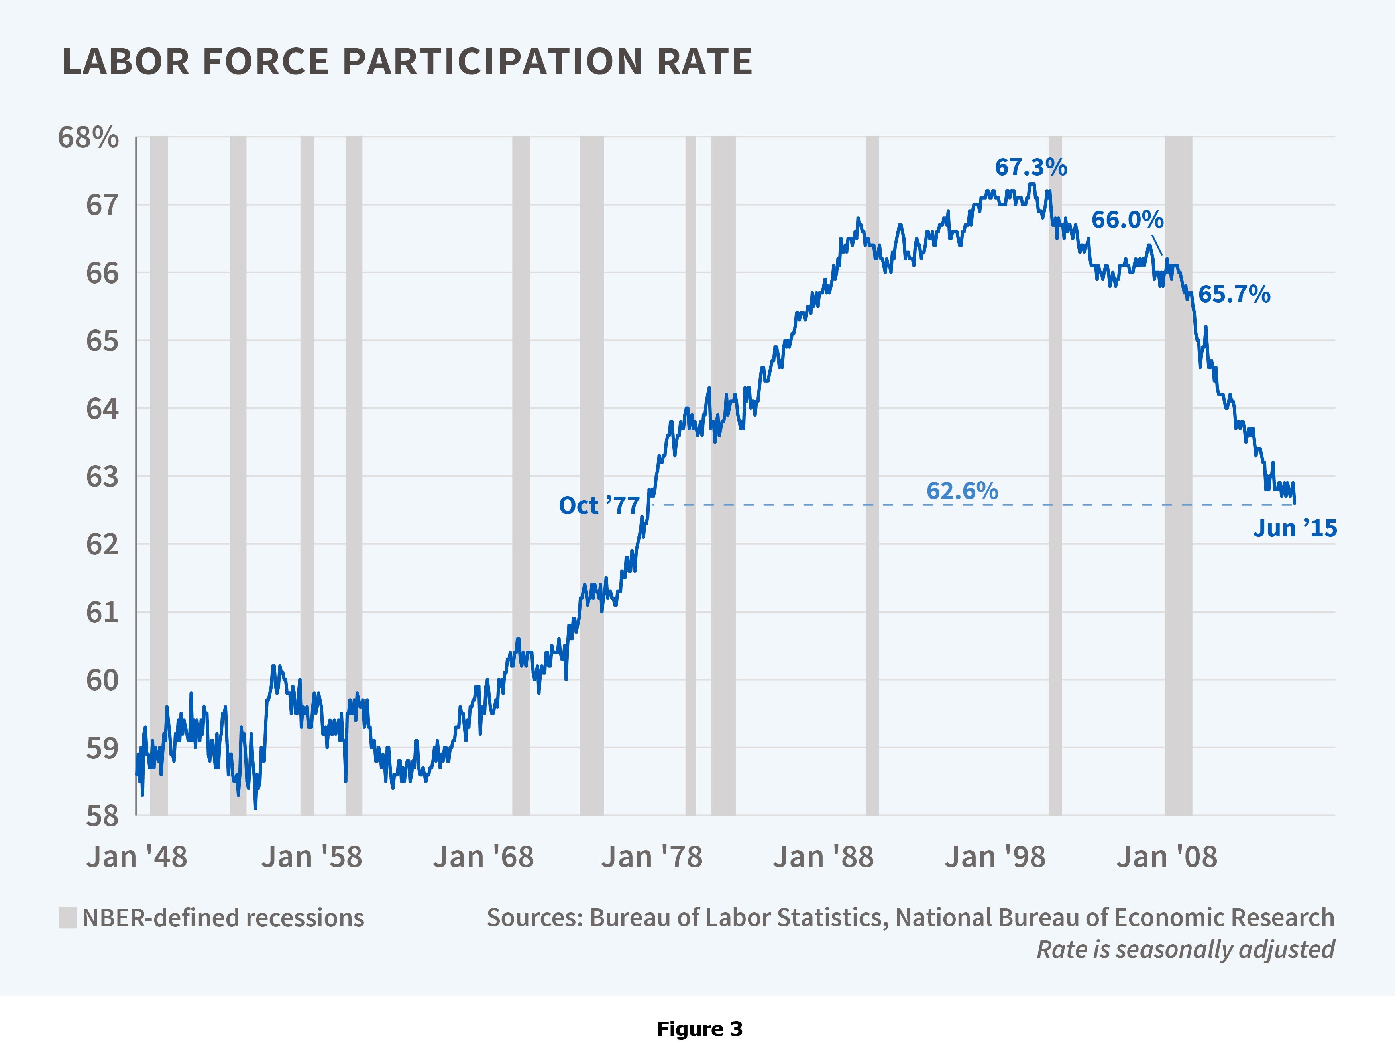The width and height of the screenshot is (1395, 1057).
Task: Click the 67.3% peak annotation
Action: pyautogui.click(x=1030, y=168)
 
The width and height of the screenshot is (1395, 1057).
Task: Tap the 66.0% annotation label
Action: pyautogui.click(x=1127, y=220)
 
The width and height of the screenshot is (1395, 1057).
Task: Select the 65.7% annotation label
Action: pyautogui.click(x=1234, y=294)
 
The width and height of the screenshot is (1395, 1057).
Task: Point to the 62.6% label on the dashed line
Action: pyautogui.click(x=962, y=491)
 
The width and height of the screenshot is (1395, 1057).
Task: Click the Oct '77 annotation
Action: pyautogui.click(x=599, y=505)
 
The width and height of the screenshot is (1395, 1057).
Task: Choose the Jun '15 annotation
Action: pyautogui.click(x=1294, y=528)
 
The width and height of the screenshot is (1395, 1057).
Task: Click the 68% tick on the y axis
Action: pyautogui.click(x=88, y=137)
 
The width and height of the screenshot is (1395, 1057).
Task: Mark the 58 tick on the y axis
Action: pyautogui.click(x=102, y=816)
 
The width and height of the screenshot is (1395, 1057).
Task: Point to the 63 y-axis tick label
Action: pyautogui.click(x=102, y=477)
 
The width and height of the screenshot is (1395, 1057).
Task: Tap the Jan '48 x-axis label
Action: pyautogui.click(x=137, y=857)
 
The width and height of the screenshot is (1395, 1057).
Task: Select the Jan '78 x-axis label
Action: pyautogui.click(x=651, y=857)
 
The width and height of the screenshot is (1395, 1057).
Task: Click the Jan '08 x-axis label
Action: pyautogui.click(x=1167, y=857)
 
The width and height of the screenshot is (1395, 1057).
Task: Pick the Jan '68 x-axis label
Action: pyautogui.click(x=483, y=857)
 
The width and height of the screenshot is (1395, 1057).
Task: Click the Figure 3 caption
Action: pyautogui.click(x=699, y=1029)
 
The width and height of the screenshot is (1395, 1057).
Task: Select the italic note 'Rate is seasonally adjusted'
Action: pyautogui.click(x=1185, y=949)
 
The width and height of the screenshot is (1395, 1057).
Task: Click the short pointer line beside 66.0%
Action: pyautogui.click(x=1157, y=245)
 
